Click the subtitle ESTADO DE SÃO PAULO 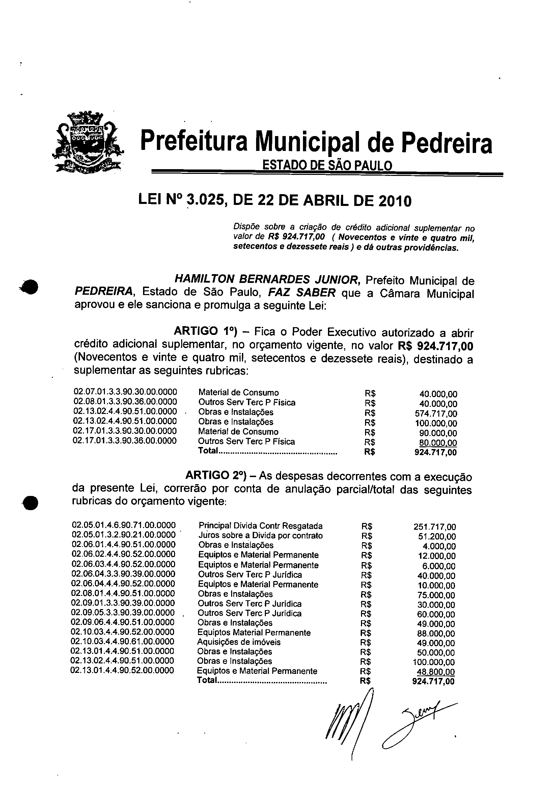coord(327,166)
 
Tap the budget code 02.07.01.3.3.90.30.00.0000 coord(126,392)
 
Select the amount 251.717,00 coord(435,527)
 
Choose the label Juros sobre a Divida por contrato coord(260,535)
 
